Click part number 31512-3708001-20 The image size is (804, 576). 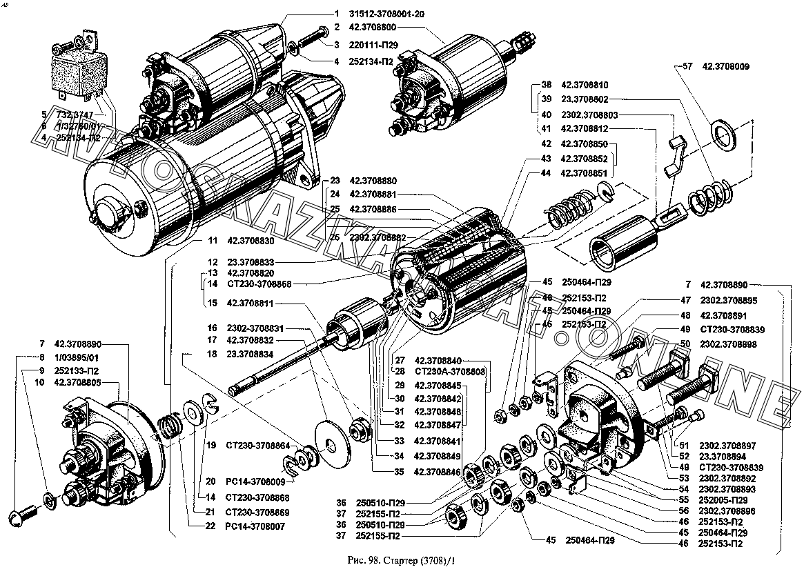tap(388, 13)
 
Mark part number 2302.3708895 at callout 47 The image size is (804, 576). tap(728, 301)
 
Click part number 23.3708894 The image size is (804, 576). tap(725, 457)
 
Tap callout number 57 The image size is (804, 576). tap(687, 67)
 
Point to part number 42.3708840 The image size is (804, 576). tap(438, 360)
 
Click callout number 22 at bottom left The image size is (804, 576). tap(191, 527)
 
